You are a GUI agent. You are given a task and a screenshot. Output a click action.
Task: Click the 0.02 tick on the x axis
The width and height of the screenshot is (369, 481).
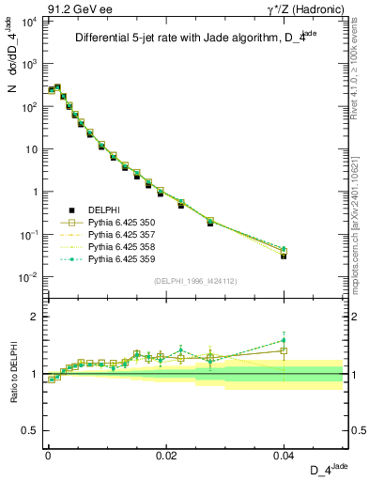(x=165, y=455)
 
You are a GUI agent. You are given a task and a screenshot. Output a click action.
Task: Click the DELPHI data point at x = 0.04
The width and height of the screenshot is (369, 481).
(x=284, y=255)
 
